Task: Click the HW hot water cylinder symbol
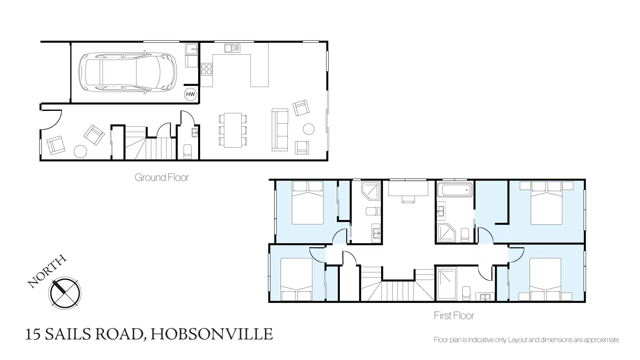pyautogui.click(x=191, y=94)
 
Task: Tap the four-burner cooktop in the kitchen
pyautogui.click(x=206, y=69)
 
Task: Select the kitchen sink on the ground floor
pyautogui.click(x=232, y=48)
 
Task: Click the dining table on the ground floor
pyautogui.click(x=233, y=130)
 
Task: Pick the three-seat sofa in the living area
pyautogui.click(x=280, y=130)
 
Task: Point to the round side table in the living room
pyautogui.click(x=309, y=129)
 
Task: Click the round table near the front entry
pyautogui.click(x=80, y=151)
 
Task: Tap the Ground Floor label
pyautogui.click(x=162, y=177)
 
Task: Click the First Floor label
pyautogui.click(x=454, y=316)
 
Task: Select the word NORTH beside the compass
pyautogui.click(x=47, y=271)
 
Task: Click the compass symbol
pyautogui.click(x=65, y=293)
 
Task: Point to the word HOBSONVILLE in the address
pyautogui.click(x=212, y=334)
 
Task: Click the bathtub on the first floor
pyautogui.click(x=455, y=190)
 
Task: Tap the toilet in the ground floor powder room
pyautogui.click(x=187, y=151)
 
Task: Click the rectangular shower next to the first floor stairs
pyautogui.click(x=447, y=284)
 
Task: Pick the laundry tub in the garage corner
pyautogui.click(x=191, y=49)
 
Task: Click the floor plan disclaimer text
pyautogui.click(x=527, y=340)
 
